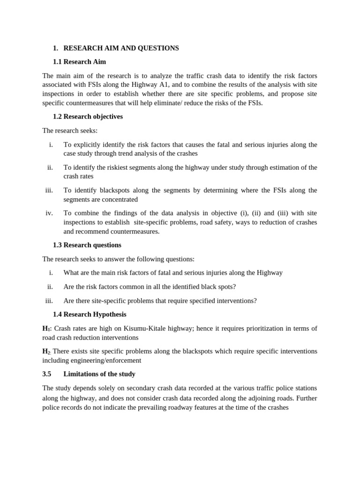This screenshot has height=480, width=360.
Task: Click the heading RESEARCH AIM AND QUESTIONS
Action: coord(121,48)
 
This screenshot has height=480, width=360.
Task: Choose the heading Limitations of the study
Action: coord(99,374)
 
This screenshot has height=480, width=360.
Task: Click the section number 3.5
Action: coord(47,374)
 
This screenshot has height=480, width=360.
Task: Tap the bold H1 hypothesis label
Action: coord(46,329)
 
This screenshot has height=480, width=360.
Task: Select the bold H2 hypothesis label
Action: coord(46,352)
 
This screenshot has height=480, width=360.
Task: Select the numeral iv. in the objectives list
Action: coord(49,213)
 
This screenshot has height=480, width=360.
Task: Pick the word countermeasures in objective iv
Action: coord(135,232)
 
